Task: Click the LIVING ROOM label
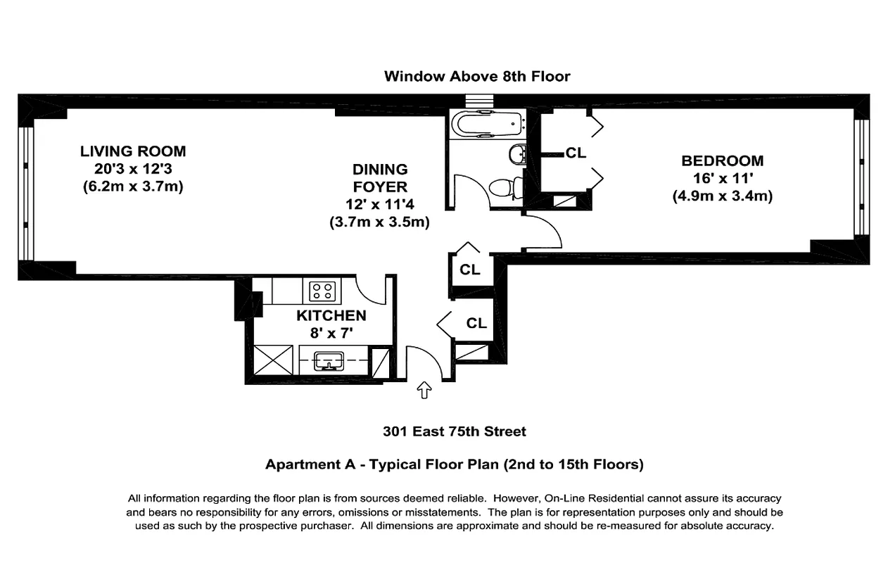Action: pos(132,151)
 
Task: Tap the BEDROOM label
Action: pos(722,161)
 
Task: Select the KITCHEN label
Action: pos(331,316)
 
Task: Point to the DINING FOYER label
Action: pos(380,178)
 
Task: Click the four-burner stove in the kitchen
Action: pos(322,290)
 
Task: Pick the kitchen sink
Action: pos(329,361)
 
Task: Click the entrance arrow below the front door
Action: pos(424,389)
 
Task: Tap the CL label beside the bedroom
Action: pos(576,153)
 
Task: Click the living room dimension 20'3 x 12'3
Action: pos(132,170)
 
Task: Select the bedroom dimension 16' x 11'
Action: pos(722,179)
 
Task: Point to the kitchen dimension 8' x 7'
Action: pos(331,333)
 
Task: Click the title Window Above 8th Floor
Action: pos(476,76)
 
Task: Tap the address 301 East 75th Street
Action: pos(454,431)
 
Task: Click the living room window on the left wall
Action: pos(26,194)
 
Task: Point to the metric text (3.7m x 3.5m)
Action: pos(380,222)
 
